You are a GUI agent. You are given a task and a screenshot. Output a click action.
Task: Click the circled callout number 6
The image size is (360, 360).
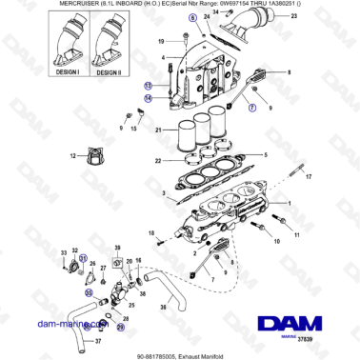pyautogui.click(x=191, y=18)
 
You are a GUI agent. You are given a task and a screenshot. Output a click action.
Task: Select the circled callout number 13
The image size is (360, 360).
pyautogui.click(x=148, y=84)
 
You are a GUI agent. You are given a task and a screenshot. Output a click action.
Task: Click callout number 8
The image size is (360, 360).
pyautogui.click(x=289, y=72)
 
